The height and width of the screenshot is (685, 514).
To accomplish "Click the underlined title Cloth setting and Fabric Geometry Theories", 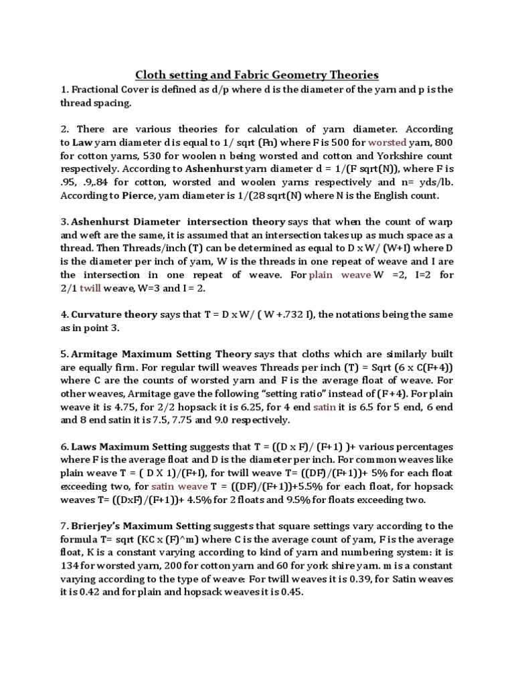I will pos(258,74).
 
